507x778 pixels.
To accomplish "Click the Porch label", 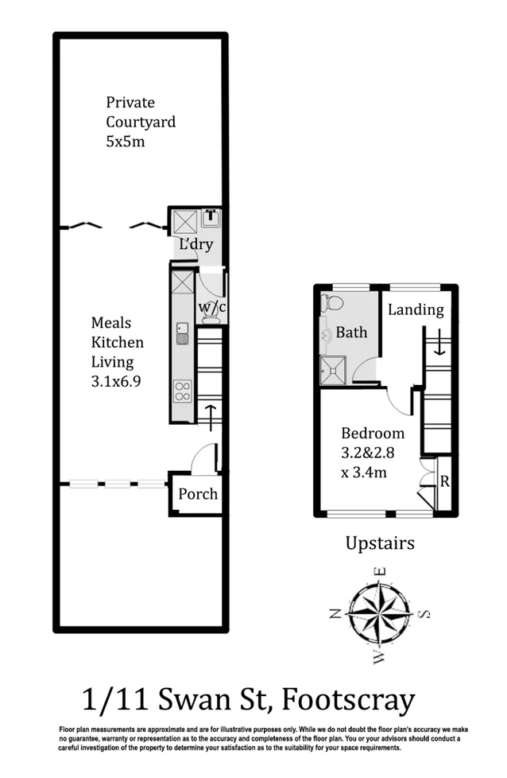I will point(198,494).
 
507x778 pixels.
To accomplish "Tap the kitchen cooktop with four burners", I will point(183,391).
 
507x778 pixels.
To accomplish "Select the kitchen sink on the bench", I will point(182,334).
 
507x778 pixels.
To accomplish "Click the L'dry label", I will point(195,245).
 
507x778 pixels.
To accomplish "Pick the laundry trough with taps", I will point(211,217).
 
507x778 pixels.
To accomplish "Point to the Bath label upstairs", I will point(351,332).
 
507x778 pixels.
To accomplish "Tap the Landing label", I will point(416,310).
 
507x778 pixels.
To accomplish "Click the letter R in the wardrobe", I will point(444,481).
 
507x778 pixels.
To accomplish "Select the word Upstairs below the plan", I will point(380,544).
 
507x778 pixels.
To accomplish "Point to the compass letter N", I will point(335,613).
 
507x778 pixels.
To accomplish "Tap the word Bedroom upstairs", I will point(373,434).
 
